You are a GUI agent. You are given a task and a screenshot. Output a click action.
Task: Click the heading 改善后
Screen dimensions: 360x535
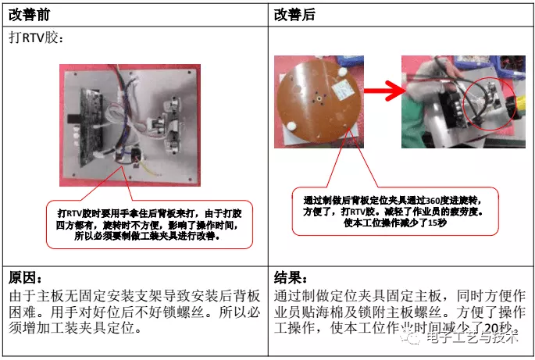tap(298, 14)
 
